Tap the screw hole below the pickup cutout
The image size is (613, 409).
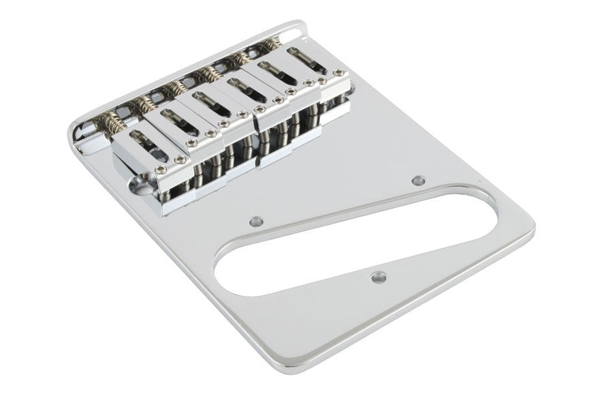(x=378, y=277)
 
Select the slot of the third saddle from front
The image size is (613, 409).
(x=210, y=102)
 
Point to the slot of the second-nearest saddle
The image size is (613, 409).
(x=179, y=119)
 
